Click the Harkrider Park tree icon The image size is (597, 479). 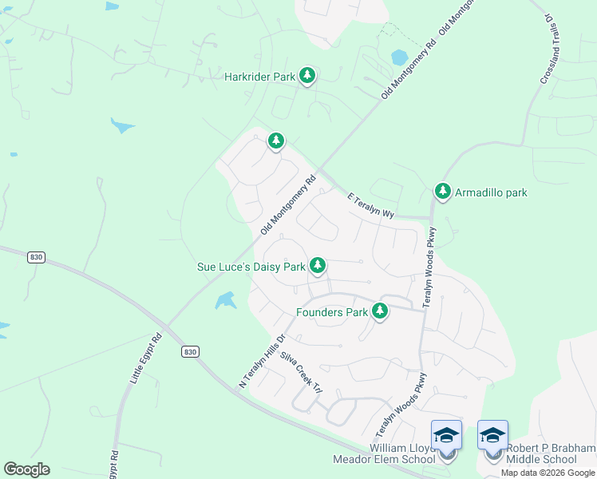(307, 77)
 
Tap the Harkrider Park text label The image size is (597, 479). (259, 77)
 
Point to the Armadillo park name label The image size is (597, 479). (491, 192)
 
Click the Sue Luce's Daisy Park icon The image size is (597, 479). (318, 265)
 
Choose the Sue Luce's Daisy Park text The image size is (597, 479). (251, 267)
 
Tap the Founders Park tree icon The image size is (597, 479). (380, 311)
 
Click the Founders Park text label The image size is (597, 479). (332, 312)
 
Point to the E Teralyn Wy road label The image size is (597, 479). (371, 205)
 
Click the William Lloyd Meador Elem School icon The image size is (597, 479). (446, 436)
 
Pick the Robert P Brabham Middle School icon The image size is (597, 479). (492, 436)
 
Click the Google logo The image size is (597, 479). (26, 469)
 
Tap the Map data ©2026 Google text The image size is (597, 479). (548, 473)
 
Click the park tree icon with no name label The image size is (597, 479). (275, 141)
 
